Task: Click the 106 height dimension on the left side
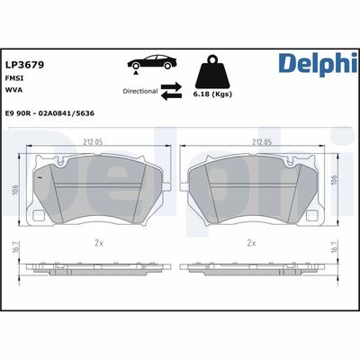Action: pyautogui.click(x=15, y=190)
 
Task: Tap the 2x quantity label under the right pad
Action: pyautogui.click(x=252, y=243)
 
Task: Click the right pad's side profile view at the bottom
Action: pyautogui.click(x=253, y=269)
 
